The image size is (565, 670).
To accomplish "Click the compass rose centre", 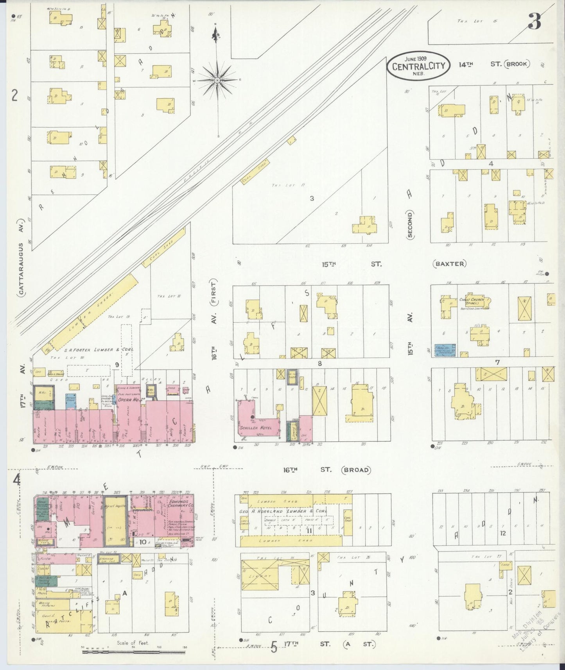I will click(217, 80).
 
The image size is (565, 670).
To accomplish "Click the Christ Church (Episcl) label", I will click(472, 301).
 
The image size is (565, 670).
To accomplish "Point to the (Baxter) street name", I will click(450, 264).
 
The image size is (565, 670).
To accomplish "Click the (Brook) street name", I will click(517, 64).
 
